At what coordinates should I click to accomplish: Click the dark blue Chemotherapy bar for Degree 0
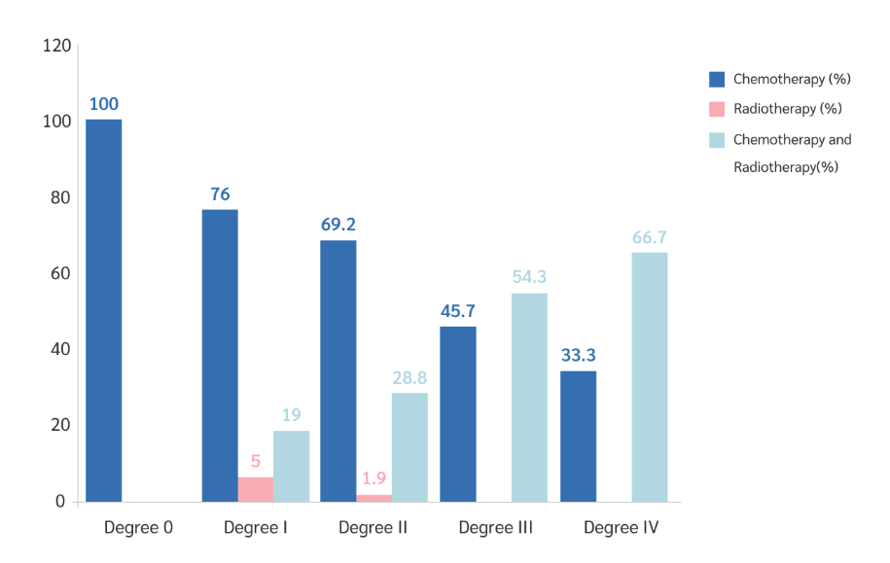point(103,310)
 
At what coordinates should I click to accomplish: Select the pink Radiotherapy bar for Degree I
point(256,489)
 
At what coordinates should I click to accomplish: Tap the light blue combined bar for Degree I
point(291,466)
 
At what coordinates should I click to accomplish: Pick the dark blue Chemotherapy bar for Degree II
point(338,370)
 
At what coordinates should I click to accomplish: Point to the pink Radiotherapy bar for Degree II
point(374,498)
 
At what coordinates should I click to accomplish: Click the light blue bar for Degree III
point(529,397)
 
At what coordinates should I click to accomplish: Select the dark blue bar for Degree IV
point(578,436)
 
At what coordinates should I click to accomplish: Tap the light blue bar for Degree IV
point(649,377)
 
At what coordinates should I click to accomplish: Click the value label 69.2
point(338,225)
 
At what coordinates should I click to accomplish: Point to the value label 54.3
point(529,277)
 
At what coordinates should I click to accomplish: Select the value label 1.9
point(374,478)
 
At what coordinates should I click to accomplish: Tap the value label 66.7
point(649,237)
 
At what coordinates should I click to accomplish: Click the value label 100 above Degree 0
point(103,104)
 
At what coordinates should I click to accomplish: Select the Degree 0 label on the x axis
point(138,528)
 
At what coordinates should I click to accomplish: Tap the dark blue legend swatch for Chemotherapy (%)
point(717,79)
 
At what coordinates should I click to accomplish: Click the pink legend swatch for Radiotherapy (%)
point(717,109)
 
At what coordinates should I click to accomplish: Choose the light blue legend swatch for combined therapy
point(717,139)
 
